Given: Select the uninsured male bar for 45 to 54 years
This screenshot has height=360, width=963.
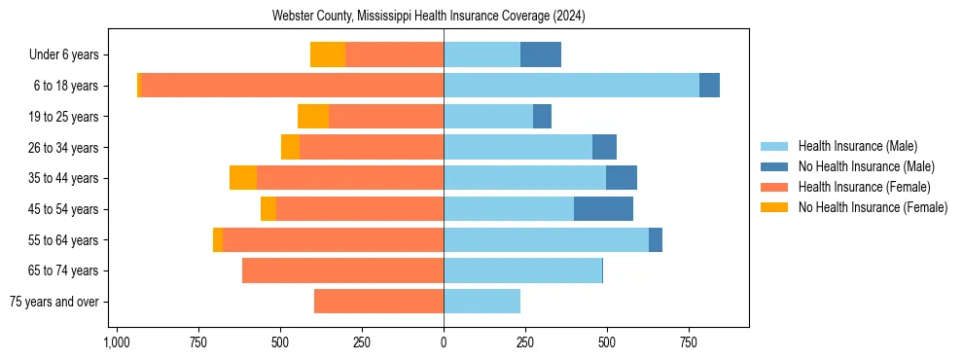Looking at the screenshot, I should coord(603,209).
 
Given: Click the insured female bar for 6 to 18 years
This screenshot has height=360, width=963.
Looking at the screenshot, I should coord(292,86).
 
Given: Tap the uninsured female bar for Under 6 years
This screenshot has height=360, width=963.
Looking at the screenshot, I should coord(328,54).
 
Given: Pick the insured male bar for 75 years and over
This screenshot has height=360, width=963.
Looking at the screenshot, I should coord(481,302).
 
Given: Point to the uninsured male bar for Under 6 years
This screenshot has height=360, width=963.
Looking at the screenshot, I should coord(541,54).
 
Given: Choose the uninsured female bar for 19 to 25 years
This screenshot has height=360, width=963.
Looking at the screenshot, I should coord(313,117).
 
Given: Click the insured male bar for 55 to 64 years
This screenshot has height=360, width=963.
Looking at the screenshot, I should coord(546,239).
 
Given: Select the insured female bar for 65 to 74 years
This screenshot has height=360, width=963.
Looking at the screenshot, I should coord(342,270).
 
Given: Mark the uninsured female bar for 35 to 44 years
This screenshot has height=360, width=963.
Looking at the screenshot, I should coord(243,178).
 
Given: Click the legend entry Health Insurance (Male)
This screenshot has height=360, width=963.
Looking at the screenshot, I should coord(857,146).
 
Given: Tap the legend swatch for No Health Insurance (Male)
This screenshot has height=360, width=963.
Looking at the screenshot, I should coord(775,166).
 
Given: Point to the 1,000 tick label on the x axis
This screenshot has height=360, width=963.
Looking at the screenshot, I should coord(117,342).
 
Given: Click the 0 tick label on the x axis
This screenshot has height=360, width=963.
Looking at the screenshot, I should coord(444,342).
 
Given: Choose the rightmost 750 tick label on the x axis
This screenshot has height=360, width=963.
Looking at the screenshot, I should coord(689,342).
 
